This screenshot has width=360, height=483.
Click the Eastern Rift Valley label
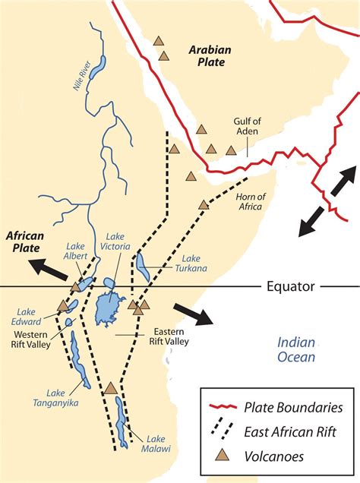point(175,336)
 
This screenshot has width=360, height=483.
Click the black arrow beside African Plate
point(48,268)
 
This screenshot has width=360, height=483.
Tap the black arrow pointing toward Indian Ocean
point(194,313)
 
